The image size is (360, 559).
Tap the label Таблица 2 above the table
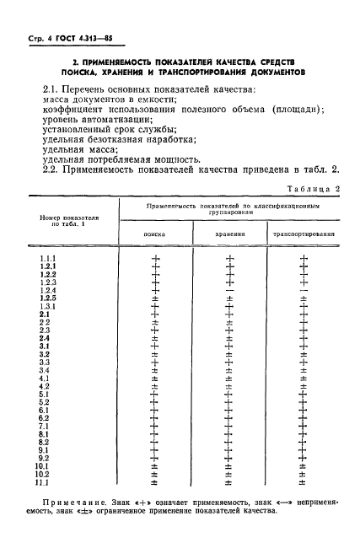click(x=313, y=189)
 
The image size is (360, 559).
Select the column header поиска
click(x=154, y=235)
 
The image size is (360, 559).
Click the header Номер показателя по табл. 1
click(x=75, y=220)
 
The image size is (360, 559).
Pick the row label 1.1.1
click(x=47, y=258)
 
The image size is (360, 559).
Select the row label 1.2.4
click(x=47, y=290)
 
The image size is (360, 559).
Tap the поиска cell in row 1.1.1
click(x=154, y=258)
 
